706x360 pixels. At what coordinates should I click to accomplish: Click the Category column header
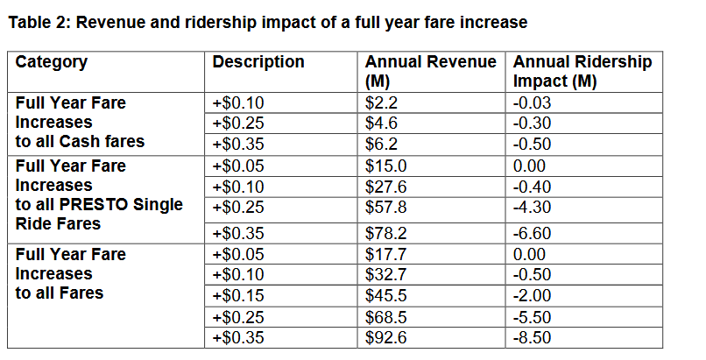pyautogui.click(x=52, y=62)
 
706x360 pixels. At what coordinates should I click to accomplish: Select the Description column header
pyautogui.click(x=258, y=62)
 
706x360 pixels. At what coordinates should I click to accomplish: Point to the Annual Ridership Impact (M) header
pyautogui.click(x=582, y=72)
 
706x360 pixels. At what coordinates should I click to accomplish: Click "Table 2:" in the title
pyautogui.click(x=39, y=22)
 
